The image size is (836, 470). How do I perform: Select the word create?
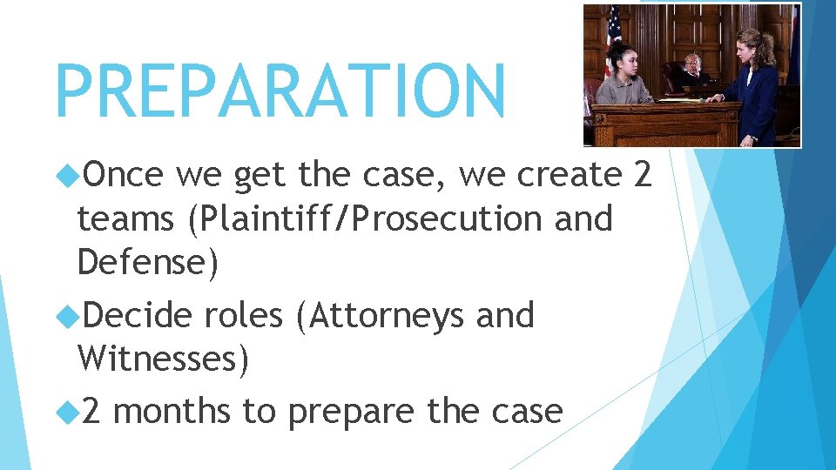[x=570, y=176]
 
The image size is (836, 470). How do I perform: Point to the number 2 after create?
[x=642, y=176]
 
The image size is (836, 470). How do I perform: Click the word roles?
[x=243, y=315]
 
